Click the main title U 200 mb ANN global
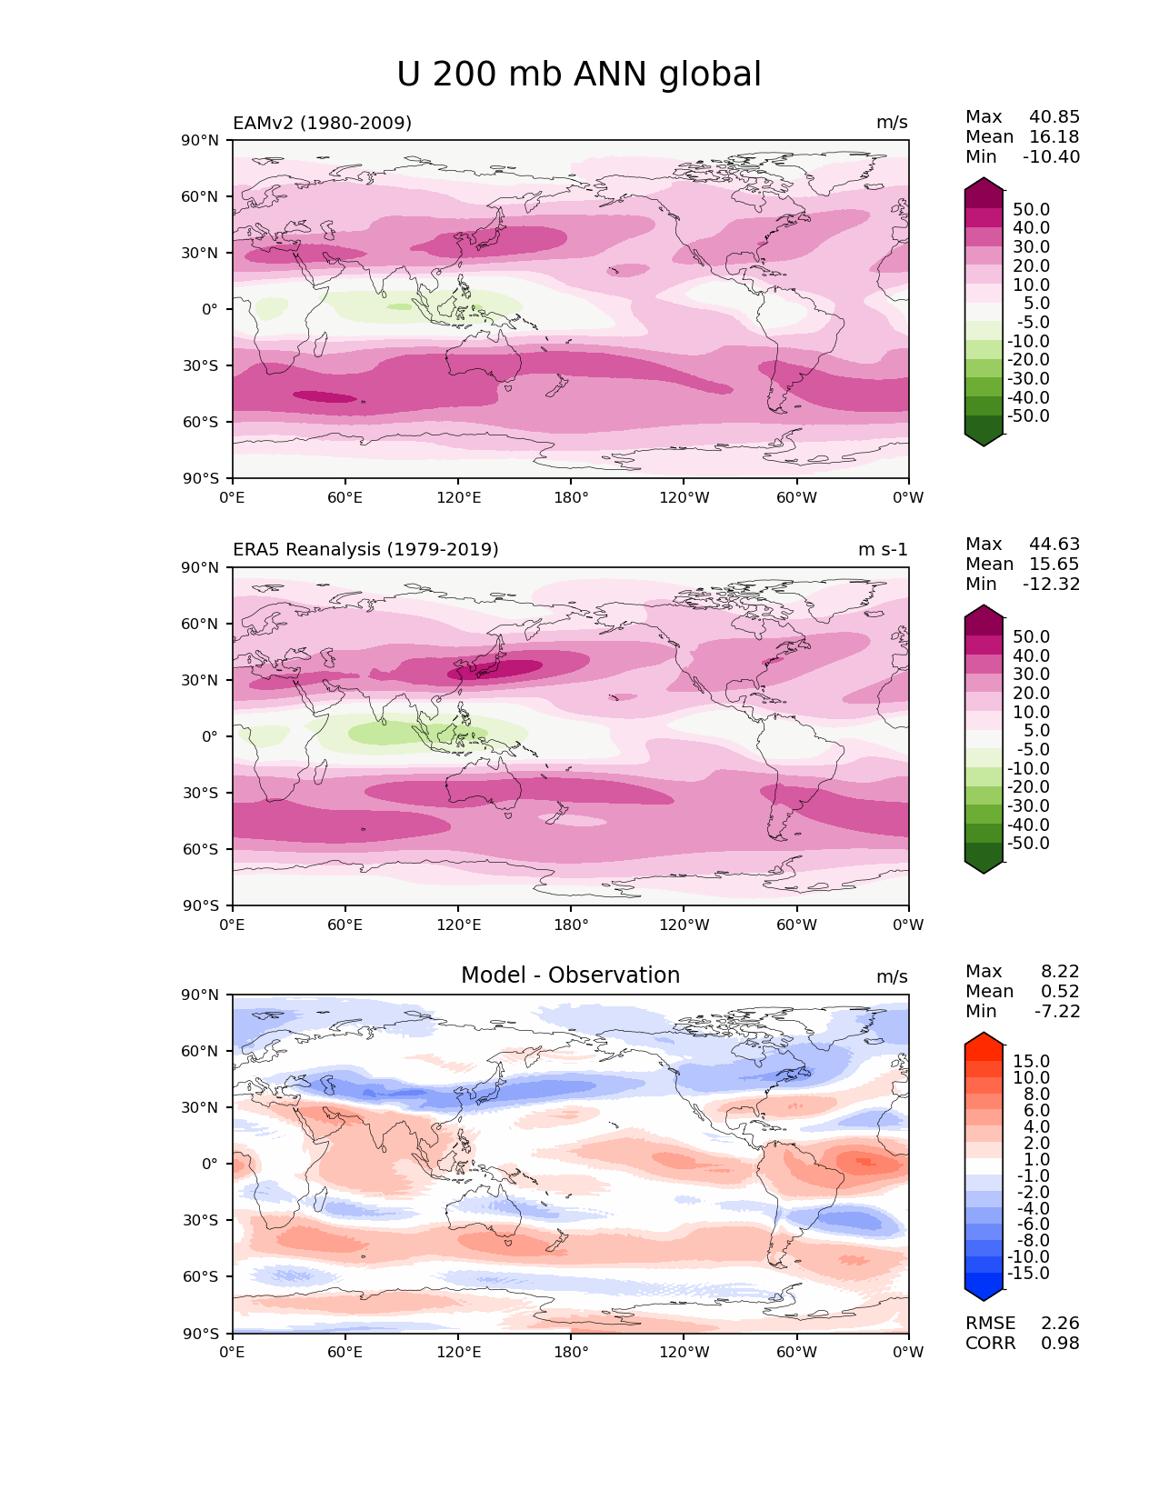pos(579,75)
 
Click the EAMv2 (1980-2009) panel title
pos(322,123)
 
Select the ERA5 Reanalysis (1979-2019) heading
pos(365,549)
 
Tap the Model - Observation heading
pos(570,975)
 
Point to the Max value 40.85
pos(1054,117)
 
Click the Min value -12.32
pos(1052,585)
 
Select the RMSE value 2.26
pos(1060,1324)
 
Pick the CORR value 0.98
pos(1060,1344)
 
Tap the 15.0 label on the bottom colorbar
pos(1031,1062)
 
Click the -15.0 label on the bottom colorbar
pos(1028,1274)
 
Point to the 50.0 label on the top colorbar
pos(1031,210)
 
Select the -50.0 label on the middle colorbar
pos(1028,844)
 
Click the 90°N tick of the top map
pos(201,140)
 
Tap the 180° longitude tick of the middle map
pos(571,925)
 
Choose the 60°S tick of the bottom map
pos(201,1277)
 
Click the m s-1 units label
pos(883,550)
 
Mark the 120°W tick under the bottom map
pos(684,1353)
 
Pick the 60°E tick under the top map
pos(345,498)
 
